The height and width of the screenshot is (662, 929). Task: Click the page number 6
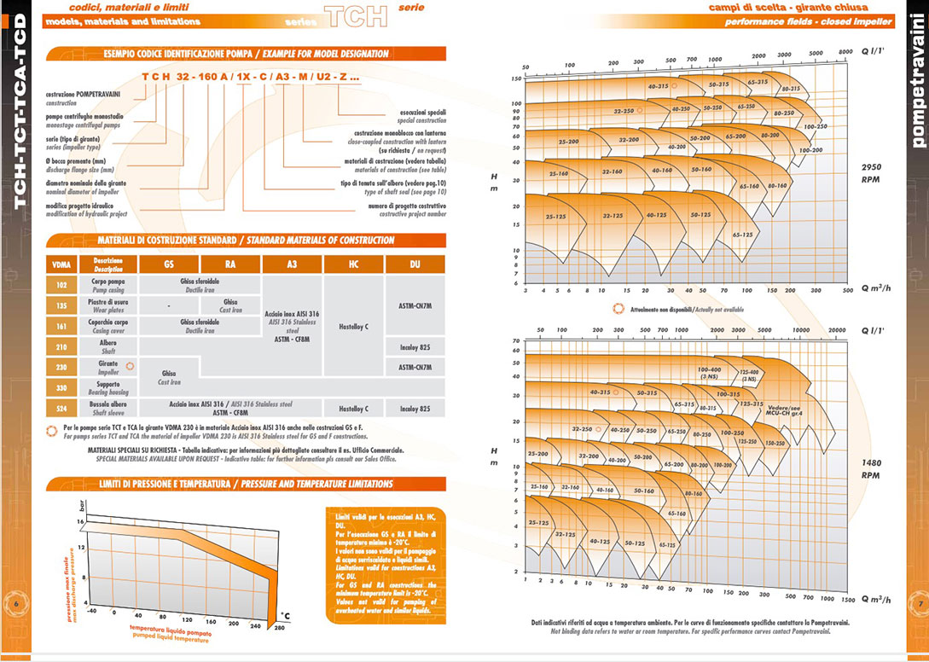(17, 604)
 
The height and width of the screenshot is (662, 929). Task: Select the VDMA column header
(61, 264)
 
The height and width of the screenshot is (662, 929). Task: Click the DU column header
(415, 264)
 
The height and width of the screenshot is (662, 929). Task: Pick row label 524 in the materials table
(61, 408)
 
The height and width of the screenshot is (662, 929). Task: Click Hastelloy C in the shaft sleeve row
(353, 409)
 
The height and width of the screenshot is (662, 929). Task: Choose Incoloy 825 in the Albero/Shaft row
(415, 346)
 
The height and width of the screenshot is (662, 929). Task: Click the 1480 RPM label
(871, 469)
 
